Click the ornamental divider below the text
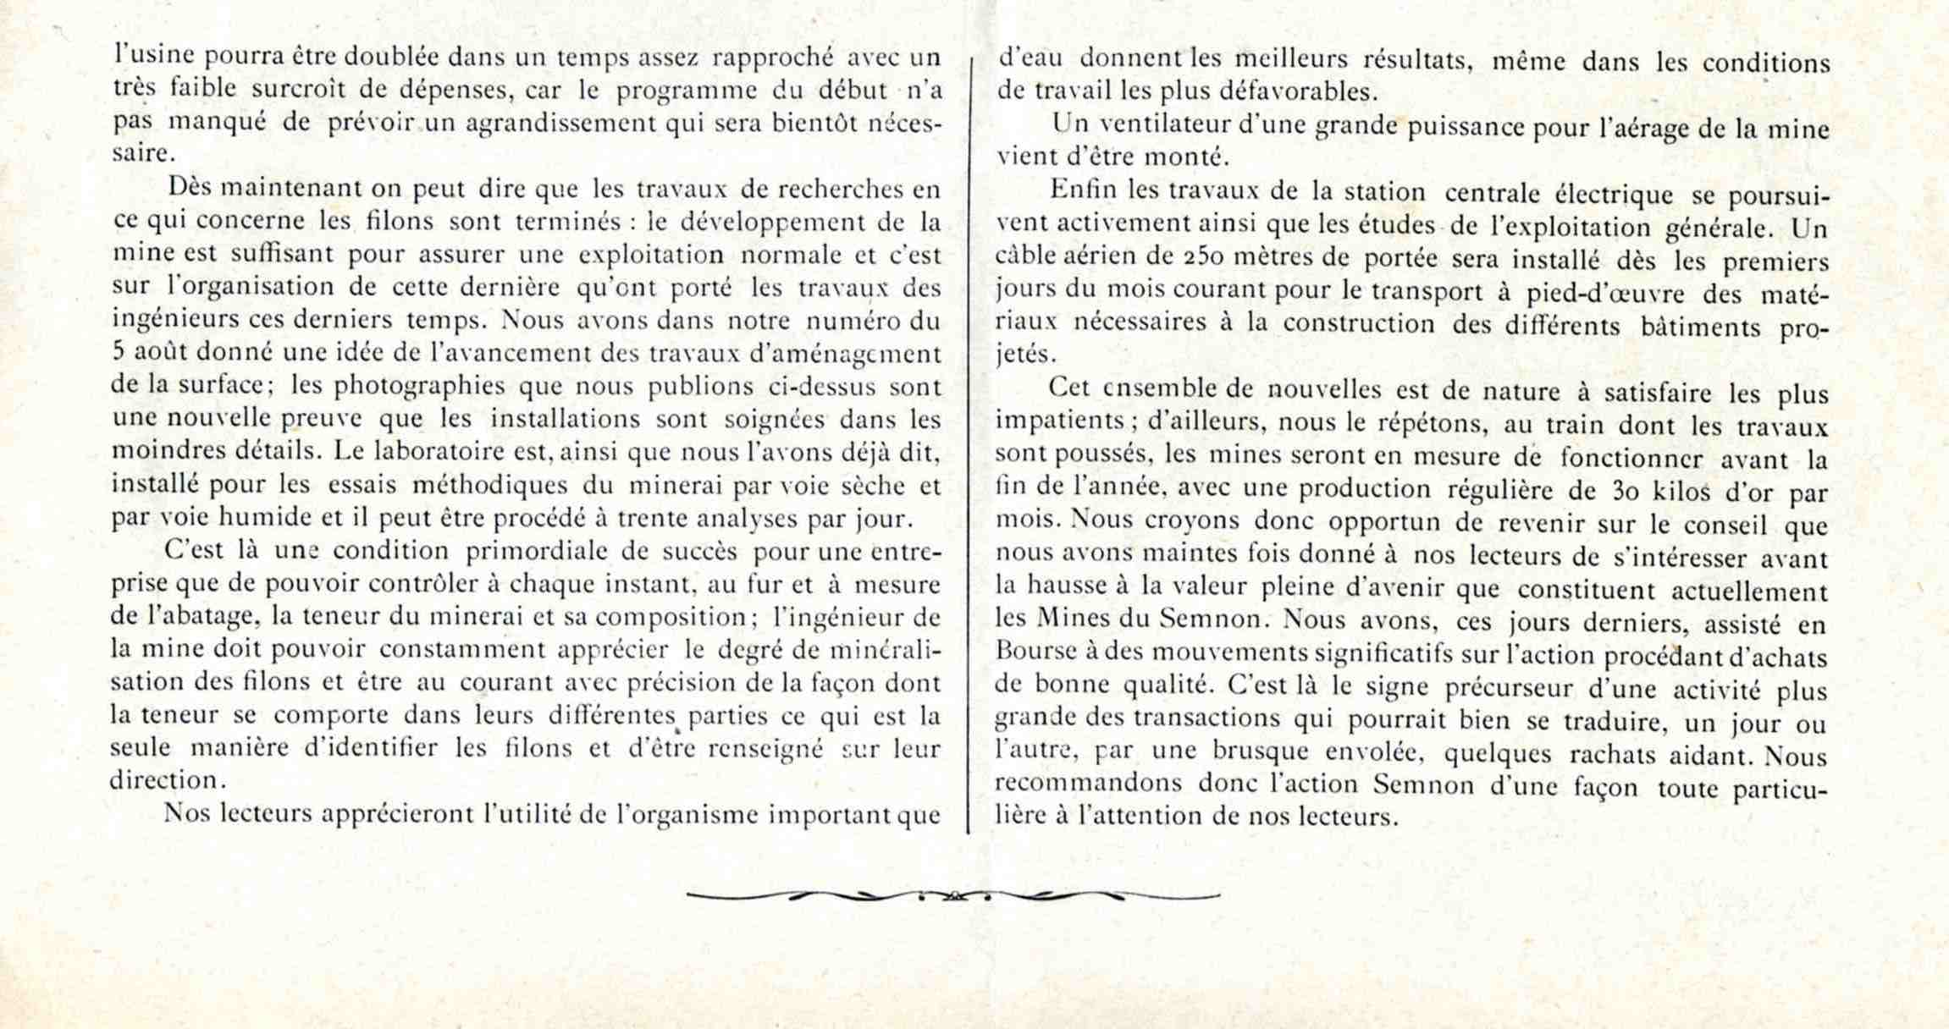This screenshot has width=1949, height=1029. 952,894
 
